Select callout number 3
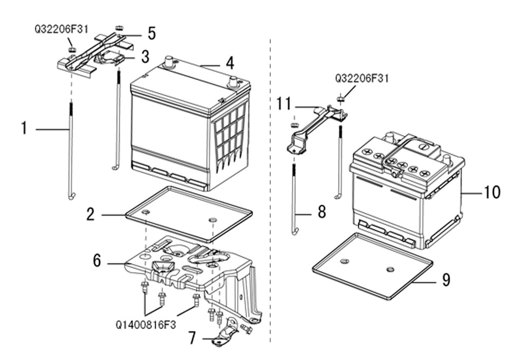pyautogui.click(x=145, y=57)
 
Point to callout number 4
pyautogui.click(x=230, y=63)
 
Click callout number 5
pyautogui.click(x=151, y=33)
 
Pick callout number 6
pyautogui.click(x=97, y=261)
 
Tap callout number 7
pyautogui.click(x=193, y=338)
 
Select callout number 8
pyautogui.click(x=322, y=211)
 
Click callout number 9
pyautogui.click(x=446, y=280)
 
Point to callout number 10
pyautogui.click(x=492, y=192)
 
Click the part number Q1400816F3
pyautogui.click(x=146, y=325)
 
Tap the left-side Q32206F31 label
pyautogui.click(x=61, y=29)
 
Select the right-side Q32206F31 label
pyautogui.click(x=361, y=78)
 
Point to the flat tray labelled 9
pyautogui.click(x=372, y=266)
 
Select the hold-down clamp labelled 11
pyautogui.click(x=315, y=126)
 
